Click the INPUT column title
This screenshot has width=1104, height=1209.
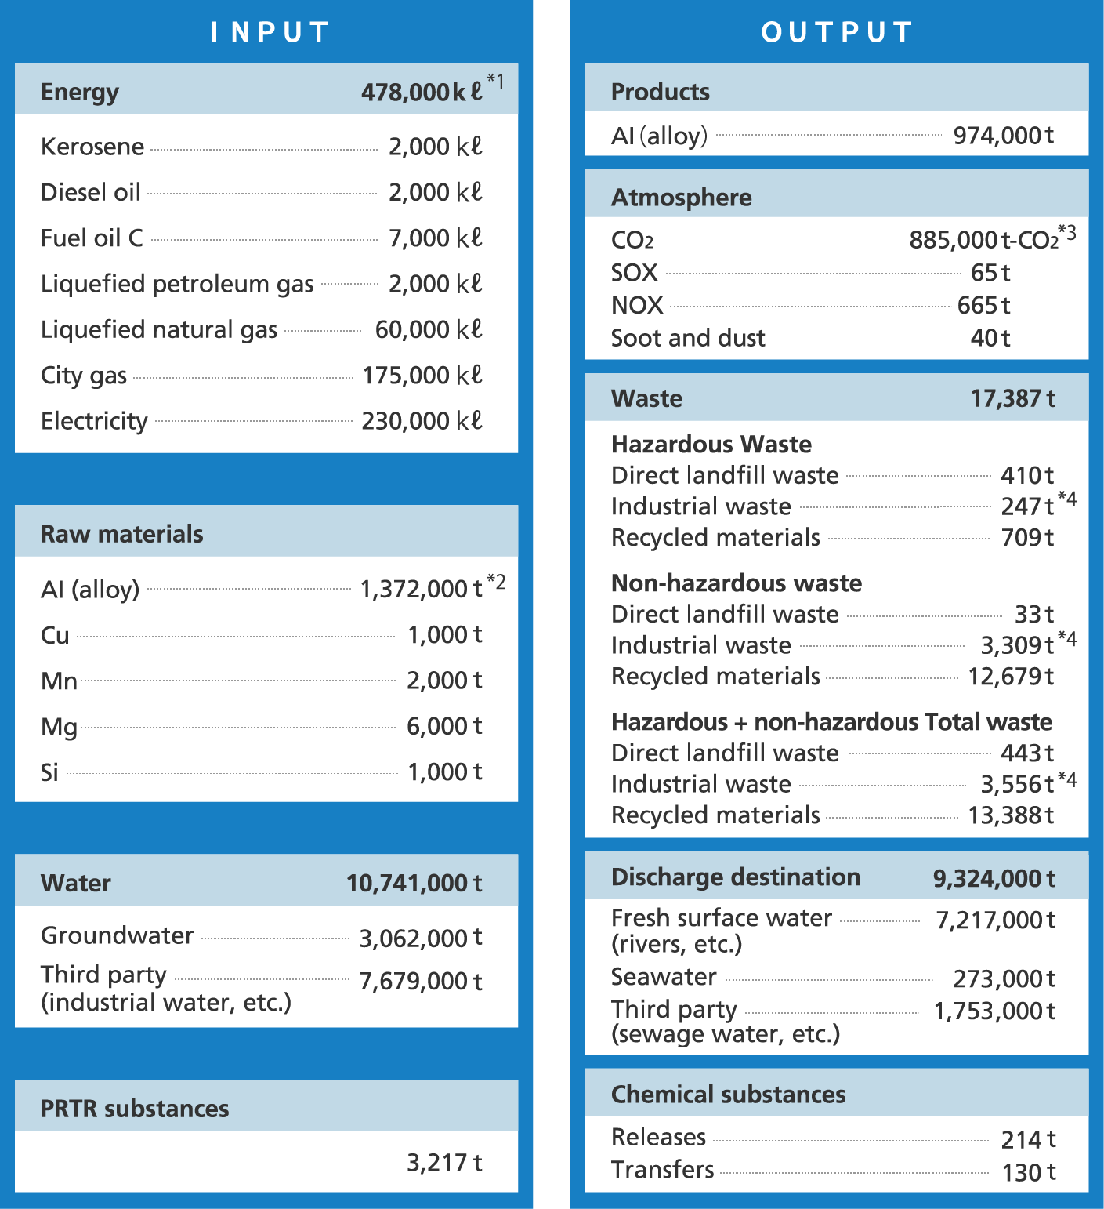(270, 32)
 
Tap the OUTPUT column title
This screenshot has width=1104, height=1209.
(837, 32)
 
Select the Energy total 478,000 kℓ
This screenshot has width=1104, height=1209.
(422, 93)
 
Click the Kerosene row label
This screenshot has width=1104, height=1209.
(92, 147)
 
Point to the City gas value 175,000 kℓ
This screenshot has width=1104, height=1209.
(422, 376)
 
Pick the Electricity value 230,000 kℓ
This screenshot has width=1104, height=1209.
(422, 421)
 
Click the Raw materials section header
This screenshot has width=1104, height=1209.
(122, 534)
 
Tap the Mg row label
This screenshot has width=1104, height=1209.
(59, 727)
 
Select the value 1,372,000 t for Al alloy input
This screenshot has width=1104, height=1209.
(421, 589)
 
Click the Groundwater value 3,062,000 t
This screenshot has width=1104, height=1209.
(421, 938)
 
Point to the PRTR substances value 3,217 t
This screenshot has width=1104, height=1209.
(444, 1163)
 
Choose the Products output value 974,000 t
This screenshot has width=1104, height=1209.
(1003, 136)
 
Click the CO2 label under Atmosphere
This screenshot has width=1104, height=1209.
(632, 240)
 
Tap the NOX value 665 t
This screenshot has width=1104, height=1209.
(983, 305)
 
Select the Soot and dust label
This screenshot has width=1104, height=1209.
(688, 338)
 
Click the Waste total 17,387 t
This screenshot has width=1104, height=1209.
(1012, 398)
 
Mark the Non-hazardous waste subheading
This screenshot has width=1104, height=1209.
(737, 583)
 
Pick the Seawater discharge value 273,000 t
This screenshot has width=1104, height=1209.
(1004, 978)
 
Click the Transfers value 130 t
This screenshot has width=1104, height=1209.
(1029, 1172)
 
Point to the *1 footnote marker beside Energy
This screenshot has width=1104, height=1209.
(495, 80)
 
